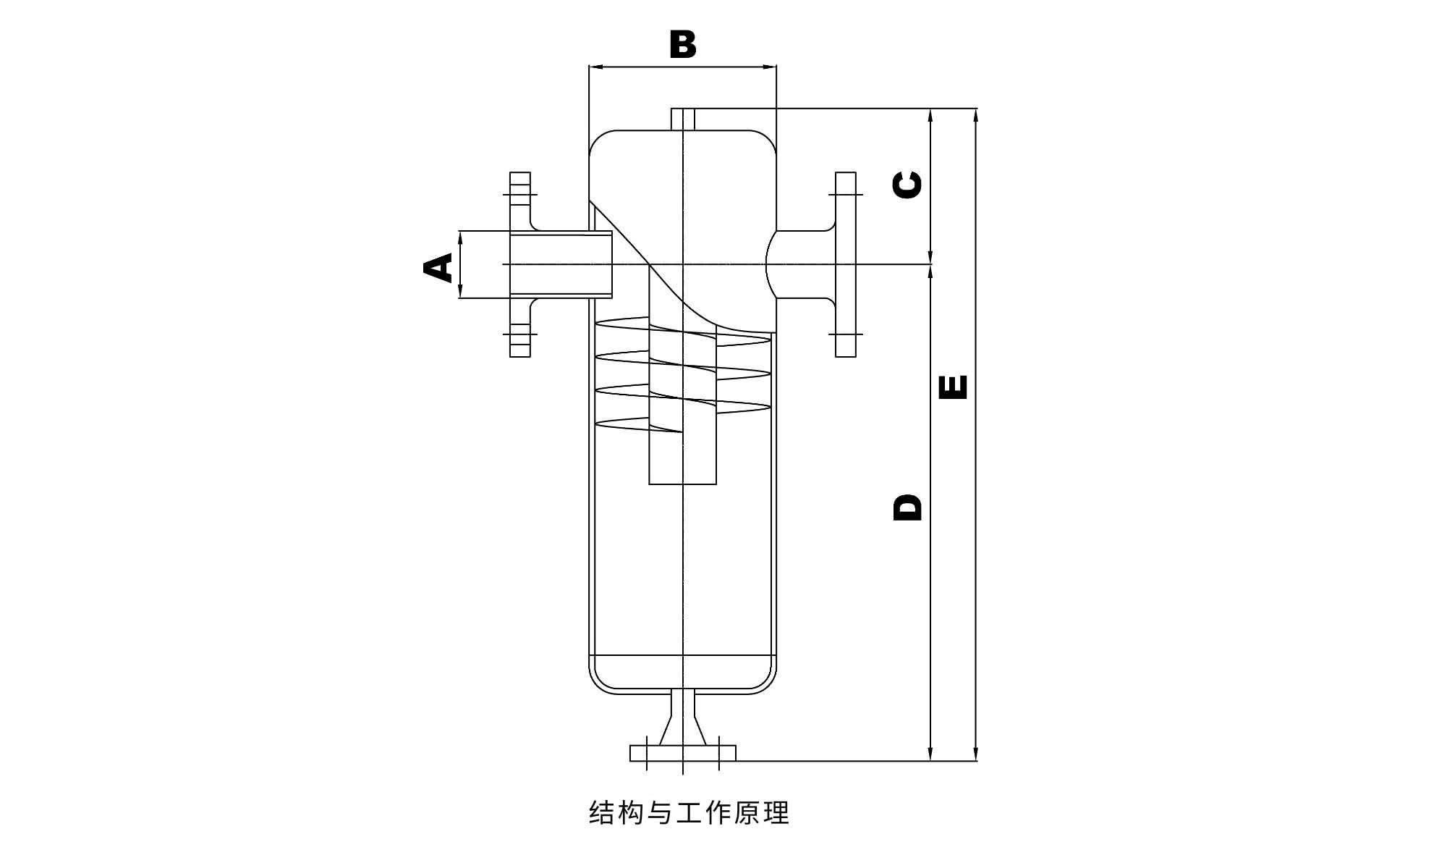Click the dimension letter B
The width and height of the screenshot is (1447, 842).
tap(682, 44)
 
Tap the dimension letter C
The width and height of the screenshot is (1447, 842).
tap(908, 185)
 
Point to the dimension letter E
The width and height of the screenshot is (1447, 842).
tap(953, 387)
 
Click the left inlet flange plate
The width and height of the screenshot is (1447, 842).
tap(519, 264)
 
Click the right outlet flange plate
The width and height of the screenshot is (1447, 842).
tap(845, 264)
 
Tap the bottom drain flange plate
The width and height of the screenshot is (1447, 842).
tap(682, 753)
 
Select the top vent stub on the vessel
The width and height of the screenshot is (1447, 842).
tap(683, 119)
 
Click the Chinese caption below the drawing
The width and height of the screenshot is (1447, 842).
tap(689, 812)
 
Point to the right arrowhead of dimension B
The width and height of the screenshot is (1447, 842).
tap(771, 67)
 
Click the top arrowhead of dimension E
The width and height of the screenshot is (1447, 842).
tap(976, 114)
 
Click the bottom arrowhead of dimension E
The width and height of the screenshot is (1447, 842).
tap(976, 755)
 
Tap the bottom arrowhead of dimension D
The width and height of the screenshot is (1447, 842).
tap(930, 755)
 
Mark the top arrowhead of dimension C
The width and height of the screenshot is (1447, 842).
tap(930, 114)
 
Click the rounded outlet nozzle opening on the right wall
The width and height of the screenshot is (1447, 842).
tap(771, 264)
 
